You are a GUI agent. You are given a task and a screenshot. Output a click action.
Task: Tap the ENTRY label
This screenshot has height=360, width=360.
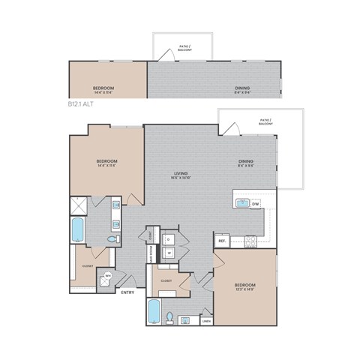point(127,292)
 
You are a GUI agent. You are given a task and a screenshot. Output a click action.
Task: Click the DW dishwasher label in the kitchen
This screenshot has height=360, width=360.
point(256,203)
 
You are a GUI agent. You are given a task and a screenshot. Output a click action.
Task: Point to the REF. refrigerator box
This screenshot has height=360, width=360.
point(221,241)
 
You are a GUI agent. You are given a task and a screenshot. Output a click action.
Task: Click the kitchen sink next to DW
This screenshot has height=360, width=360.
point(242,203)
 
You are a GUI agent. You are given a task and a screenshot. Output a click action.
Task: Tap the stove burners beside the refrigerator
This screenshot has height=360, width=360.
point(250,241)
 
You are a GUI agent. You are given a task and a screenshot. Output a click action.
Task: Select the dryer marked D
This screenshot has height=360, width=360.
point(169,239)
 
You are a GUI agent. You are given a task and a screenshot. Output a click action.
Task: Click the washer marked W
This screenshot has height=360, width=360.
point(169,253)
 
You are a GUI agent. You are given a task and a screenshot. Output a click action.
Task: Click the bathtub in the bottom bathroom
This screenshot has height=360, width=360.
point(154,311)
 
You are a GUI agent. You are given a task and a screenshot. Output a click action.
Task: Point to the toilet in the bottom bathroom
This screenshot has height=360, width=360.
point(172,316)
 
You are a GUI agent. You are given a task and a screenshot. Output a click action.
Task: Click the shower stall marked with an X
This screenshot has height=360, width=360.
point(77,202)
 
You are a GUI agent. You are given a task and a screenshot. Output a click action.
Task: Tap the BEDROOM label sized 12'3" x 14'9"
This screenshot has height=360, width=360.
point(245,287)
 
